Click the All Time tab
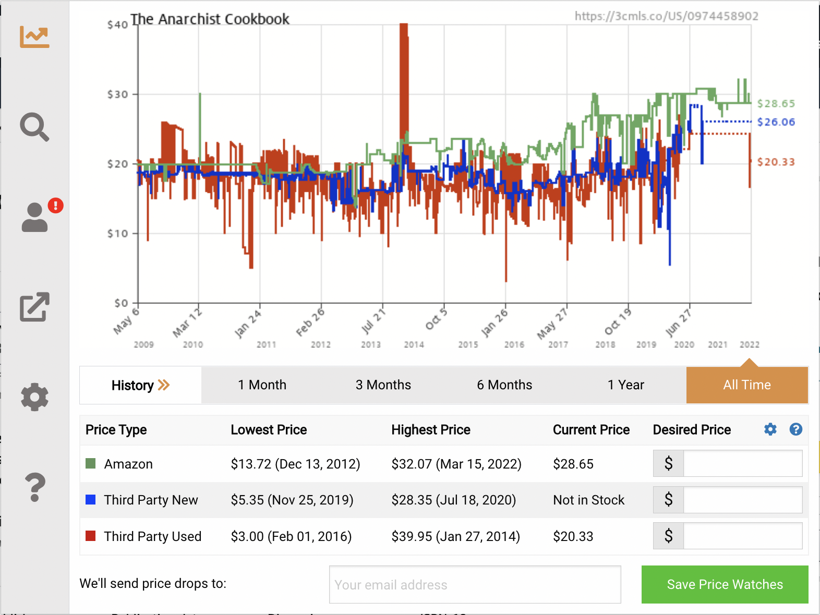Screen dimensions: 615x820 (x=747, y=385)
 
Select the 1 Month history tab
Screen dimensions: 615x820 (x=262, y=385)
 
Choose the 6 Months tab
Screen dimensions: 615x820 (x=504, y=385)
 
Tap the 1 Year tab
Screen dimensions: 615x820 (x=625, y=385)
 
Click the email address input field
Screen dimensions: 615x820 (x=475, y=585)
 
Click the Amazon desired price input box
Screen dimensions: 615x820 (x=742, y=464)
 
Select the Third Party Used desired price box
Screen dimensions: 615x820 (x=742, y=536)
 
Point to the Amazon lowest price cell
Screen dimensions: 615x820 (x=295, y=464)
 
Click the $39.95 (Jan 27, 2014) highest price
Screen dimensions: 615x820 (x=455, y=536)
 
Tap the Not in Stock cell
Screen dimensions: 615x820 (x=588, y=500)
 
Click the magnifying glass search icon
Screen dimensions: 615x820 (x=34, y=127)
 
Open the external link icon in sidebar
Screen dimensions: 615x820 (x=34, y=307)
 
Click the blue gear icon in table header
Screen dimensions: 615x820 (x=770, y=429)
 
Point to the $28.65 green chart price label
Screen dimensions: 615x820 (x=776, y=104)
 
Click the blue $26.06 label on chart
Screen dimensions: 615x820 (x=776, y=122)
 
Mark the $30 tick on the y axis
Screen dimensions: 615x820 (x=118, y=94)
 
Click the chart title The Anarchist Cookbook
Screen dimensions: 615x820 (x=210, y=19)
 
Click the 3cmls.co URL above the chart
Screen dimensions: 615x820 (x=666, y=16)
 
